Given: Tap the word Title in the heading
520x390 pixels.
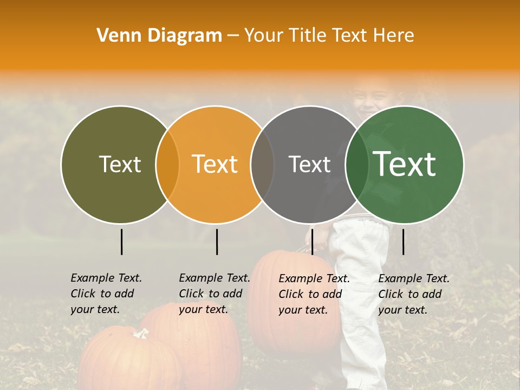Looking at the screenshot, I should click(308, 36).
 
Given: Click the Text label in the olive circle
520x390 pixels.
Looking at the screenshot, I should click(120, 164).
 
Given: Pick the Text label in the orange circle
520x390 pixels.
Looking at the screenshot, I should click(215, 164).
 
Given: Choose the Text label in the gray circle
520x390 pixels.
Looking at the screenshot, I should click(309, 164).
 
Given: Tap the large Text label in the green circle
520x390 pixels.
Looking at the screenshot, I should click(405, 164).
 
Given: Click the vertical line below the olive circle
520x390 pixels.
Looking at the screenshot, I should click(122, 242).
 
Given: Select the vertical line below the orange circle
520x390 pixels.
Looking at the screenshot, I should click(217, 242).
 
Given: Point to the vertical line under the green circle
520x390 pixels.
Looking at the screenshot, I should click(404, 242).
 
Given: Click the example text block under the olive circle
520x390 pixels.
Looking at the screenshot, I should click(106, 294).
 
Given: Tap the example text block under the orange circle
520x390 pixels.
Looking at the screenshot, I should click(214, 294).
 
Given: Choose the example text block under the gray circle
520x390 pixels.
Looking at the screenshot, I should click(314, 294).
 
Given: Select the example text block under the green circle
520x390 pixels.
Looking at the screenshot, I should click(414, 294).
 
